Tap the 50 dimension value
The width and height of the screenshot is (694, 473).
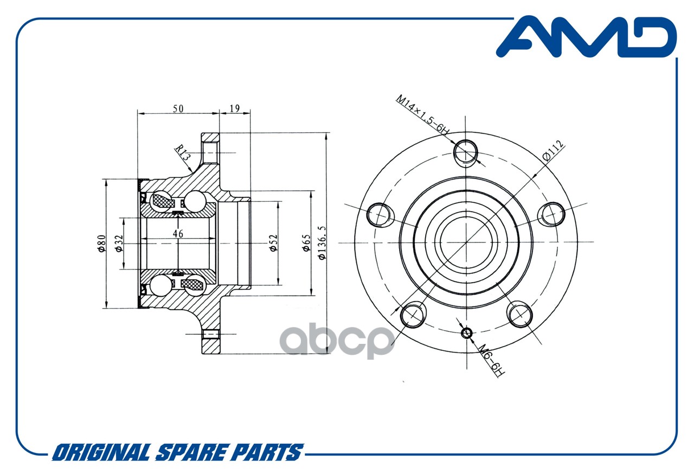coord(178,108)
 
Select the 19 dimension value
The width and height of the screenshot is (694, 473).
coord(235,108)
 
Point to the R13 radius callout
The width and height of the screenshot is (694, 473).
coord(182,152)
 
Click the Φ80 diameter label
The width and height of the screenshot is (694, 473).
coord(101,244)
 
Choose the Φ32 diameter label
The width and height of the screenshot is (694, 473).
coord(119,244)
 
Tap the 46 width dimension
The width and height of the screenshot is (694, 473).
coord(178,233)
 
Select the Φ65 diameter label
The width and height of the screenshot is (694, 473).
coord(306,242)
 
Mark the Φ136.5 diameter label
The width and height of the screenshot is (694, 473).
coord(322,242)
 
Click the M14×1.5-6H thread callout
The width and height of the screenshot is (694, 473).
coord(422,115)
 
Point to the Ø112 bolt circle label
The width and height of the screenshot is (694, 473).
coord(554,151)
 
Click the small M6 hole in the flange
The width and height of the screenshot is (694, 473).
coord(467,333)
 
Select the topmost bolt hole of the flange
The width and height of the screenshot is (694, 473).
coord(466,153)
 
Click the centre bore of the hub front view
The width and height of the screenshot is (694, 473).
coord(466,242)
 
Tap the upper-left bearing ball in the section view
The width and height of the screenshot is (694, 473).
coord(161,201)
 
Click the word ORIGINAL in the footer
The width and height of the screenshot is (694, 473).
coord(102,452)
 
